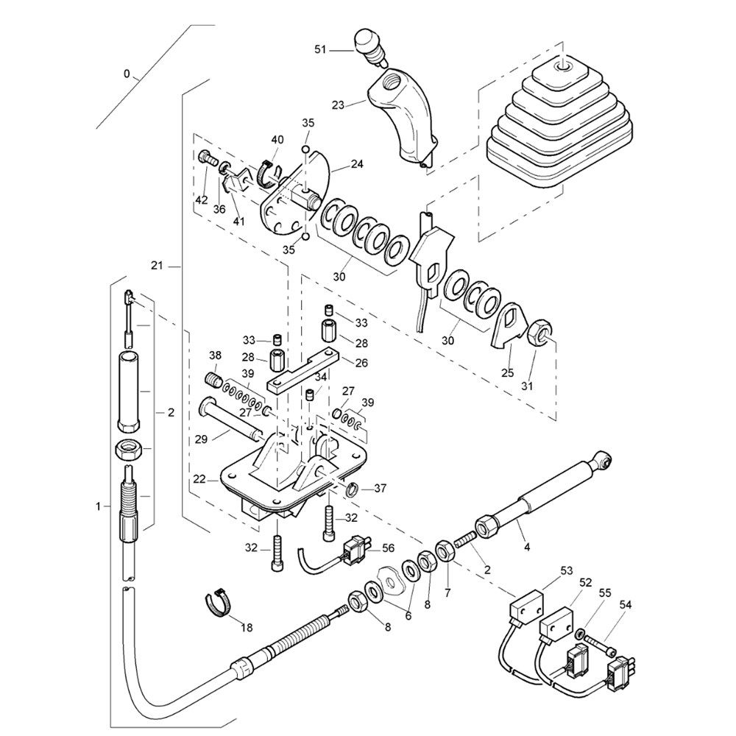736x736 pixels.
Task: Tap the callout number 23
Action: coord(338,106)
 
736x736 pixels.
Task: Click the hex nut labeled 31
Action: coord(540,333)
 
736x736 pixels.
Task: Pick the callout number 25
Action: coord(507,373)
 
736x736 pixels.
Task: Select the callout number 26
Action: coord(361,362)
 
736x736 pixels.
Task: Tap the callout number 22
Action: coord(199,479)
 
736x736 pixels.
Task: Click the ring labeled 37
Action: coord(353,487)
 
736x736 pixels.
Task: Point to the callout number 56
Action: coord(388,548)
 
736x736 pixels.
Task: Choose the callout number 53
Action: coord(546,570)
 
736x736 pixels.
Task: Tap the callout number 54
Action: coord(626,604)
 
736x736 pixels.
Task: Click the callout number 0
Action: coord(127,74)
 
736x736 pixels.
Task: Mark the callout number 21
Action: coord(155,265)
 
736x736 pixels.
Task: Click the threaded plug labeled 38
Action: coord(213,380)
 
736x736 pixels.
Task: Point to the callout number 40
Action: coord(277,140)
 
